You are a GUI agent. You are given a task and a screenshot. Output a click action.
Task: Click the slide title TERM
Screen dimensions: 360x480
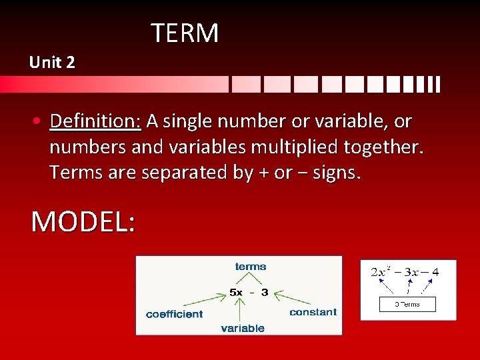tap(185, 33)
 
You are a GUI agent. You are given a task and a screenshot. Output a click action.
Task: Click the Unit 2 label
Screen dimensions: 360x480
tap(52, 63)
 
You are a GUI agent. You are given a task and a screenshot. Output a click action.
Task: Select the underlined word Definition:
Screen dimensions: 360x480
tap(95, 121)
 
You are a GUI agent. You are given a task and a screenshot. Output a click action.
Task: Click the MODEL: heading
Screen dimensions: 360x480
tap(83, 221)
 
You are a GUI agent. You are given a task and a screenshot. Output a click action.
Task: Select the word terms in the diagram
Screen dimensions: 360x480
tap(250, 267)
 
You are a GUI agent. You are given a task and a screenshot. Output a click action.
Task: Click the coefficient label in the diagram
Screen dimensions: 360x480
tap(174, 314)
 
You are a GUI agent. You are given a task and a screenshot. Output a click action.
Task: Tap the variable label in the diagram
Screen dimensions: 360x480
tap(243, 328)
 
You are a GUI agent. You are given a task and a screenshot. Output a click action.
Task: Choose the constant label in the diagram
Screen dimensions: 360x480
tap(313, 312)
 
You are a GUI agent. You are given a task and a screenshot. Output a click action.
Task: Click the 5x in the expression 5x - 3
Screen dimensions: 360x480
tap(236, 292)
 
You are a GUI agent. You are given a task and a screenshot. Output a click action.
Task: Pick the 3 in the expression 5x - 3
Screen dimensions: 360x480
tap(265, 292)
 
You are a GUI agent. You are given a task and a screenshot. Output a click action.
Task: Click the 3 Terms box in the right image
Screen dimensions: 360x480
tap(407, 304)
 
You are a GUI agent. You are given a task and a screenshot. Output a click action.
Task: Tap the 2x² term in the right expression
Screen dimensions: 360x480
tap(381, 272)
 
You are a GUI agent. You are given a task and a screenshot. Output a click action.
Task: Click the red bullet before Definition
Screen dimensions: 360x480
tap(40, 122)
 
